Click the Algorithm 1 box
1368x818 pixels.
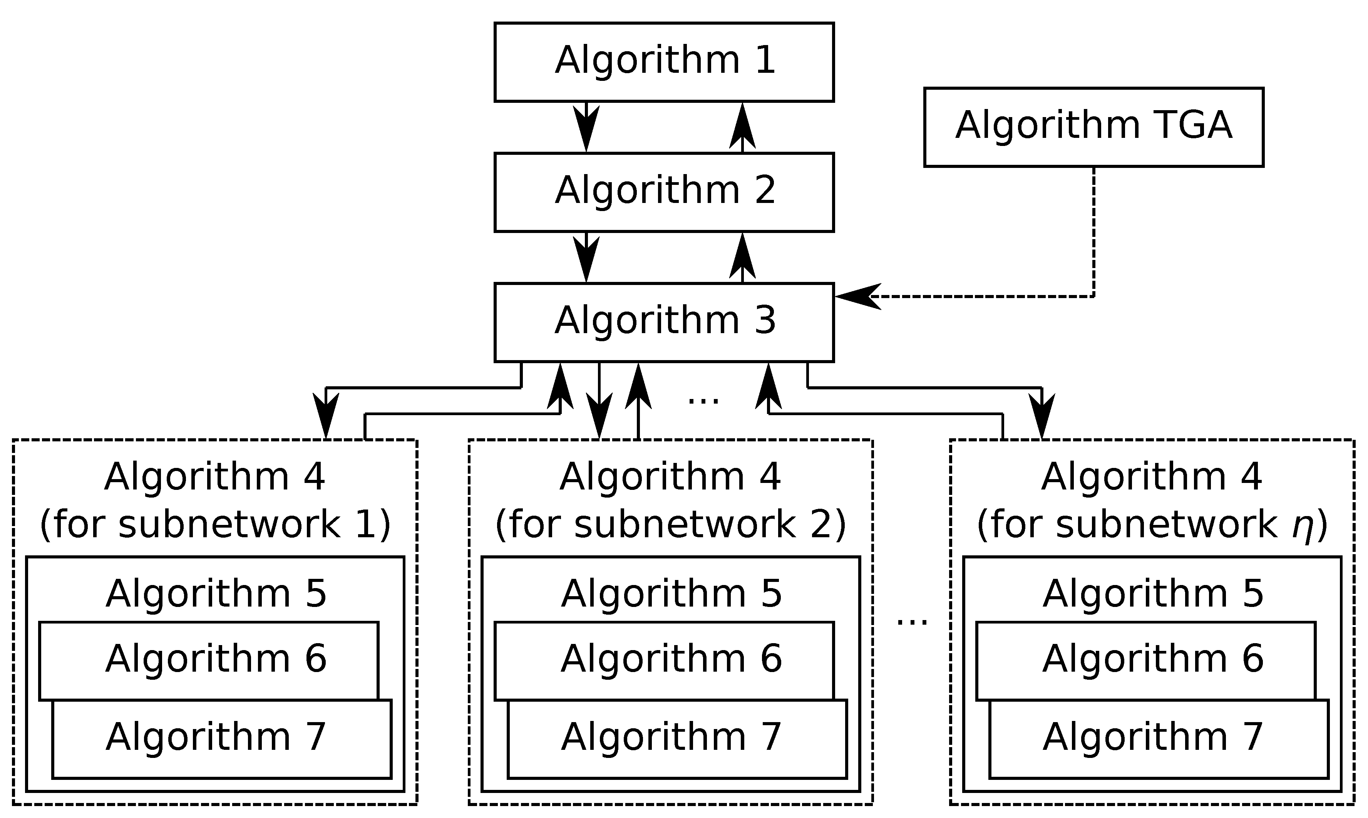664,62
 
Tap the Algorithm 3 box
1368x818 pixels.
664,322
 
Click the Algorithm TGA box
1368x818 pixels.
1093,127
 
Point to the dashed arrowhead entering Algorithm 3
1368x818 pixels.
857,297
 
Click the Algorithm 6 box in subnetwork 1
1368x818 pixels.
208,660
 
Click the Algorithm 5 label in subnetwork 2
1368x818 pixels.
671,594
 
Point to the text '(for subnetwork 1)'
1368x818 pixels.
215,525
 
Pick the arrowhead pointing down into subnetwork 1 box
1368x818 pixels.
326,416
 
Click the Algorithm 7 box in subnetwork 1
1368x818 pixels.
221,739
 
